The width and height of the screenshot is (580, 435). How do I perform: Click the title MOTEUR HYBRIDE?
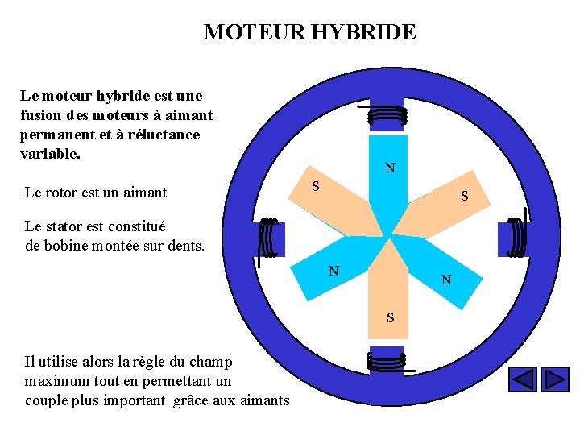pos(309,32)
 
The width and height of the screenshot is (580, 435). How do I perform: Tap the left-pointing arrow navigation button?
pos(524,379)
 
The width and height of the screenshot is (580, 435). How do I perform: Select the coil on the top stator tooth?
pos(387,118)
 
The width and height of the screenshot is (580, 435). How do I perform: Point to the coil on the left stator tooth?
pos(268,238)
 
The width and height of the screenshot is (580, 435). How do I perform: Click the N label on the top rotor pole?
pos(390,168)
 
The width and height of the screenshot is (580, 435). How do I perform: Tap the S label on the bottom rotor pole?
pos(391,317)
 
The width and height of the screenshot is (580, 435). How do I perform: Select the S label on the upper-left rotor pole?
pos(316,187)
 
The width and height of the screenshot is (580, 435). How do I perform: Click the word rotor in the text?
pos(60,193)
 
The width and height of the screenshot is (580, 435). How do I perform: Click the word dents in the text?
pos(184,246)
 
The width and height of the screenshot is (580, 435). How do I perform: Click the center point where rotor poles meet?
pos(391,236)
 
